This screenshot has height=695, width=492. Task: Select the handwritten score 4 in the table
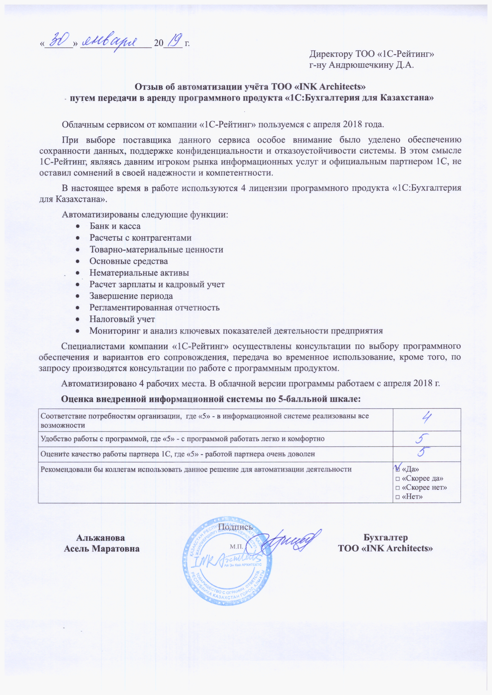point(427,419)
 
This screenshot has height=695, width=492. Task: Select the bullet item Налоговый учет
point(122,319)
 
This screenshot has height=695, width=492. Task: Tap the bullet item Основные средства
point(129,261)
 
